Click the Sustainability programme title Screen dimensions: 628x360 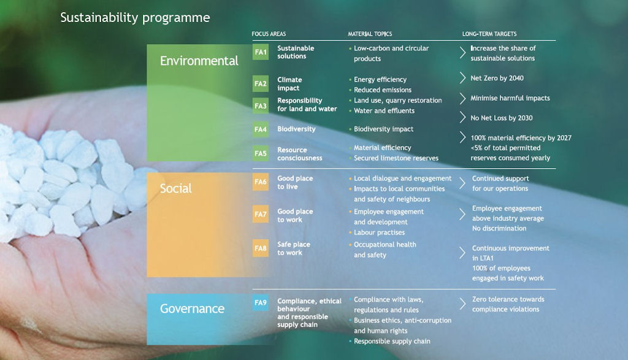(135, 18)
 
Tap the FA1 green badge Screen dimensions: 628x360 (260, 52)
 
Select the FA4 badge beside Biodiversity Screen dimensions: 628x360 (260, 129)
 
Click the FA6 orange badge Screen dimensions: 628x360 (260, 182)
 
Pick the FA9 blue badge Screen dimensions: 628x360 (260, 303)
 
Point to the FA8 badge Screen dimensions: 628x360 (260, 248)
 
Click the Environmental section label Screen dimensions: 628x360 (199, 61)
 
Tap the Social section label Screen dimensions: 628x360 (176, 188)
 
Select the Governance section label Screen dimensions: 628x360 (192, 308)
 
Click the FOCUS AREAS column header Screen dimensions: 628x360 (269, 34)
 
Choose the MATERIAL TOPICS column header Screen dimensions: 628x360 (370, 34)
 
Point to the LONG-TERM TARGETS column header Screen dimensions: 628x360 (489, 34)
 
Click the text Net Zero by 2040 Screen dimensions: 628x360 (497, 78)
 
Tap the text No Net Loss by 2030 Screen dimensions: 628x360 (502, 118)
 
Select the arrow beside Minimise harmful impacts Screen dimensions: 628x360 (462, 98)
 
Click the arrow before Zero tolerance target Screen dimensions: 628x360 (462, 304)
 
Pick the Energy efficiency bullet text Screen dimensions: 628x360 (380, 79)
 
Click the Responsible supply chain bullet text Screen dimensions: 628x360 (392, 341)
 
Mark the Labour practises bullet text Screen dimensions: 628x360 (379, 232)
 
